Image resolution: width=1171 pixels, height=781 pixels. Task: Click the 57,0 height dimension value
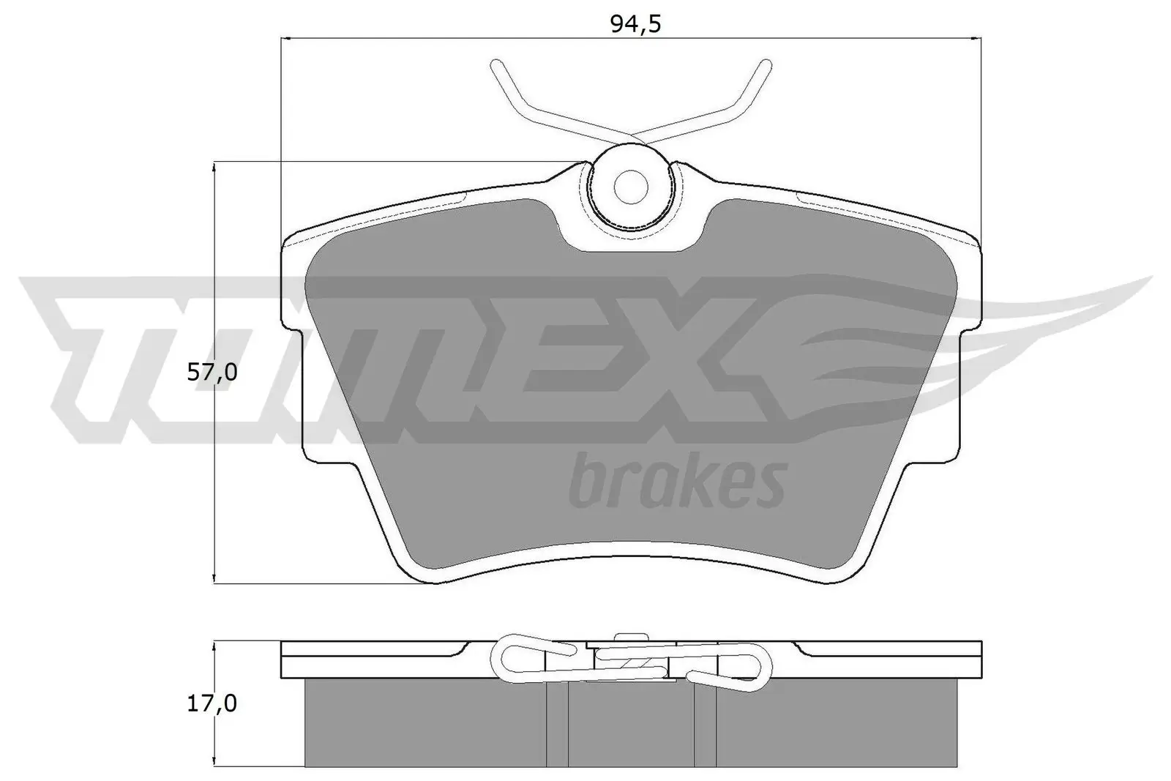pos(212,373)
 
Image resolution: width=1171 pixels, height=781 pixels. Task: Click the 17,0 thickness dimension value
pos(212,703)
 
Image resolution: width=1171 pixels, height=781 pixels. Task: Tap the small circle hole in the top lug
pos(630,186)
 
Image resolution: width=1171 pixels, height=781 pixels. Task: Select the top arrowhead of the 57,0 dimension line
pos(213,167)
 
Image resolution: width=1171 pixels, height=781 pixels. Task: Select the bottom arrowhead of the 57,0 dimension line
pos(213,578)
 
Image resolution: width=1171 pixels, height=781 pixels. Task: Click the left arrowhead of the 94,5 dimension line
pos(287,38)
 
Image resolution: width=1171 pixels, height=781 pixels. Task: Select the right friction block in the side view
pos(834,725)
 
